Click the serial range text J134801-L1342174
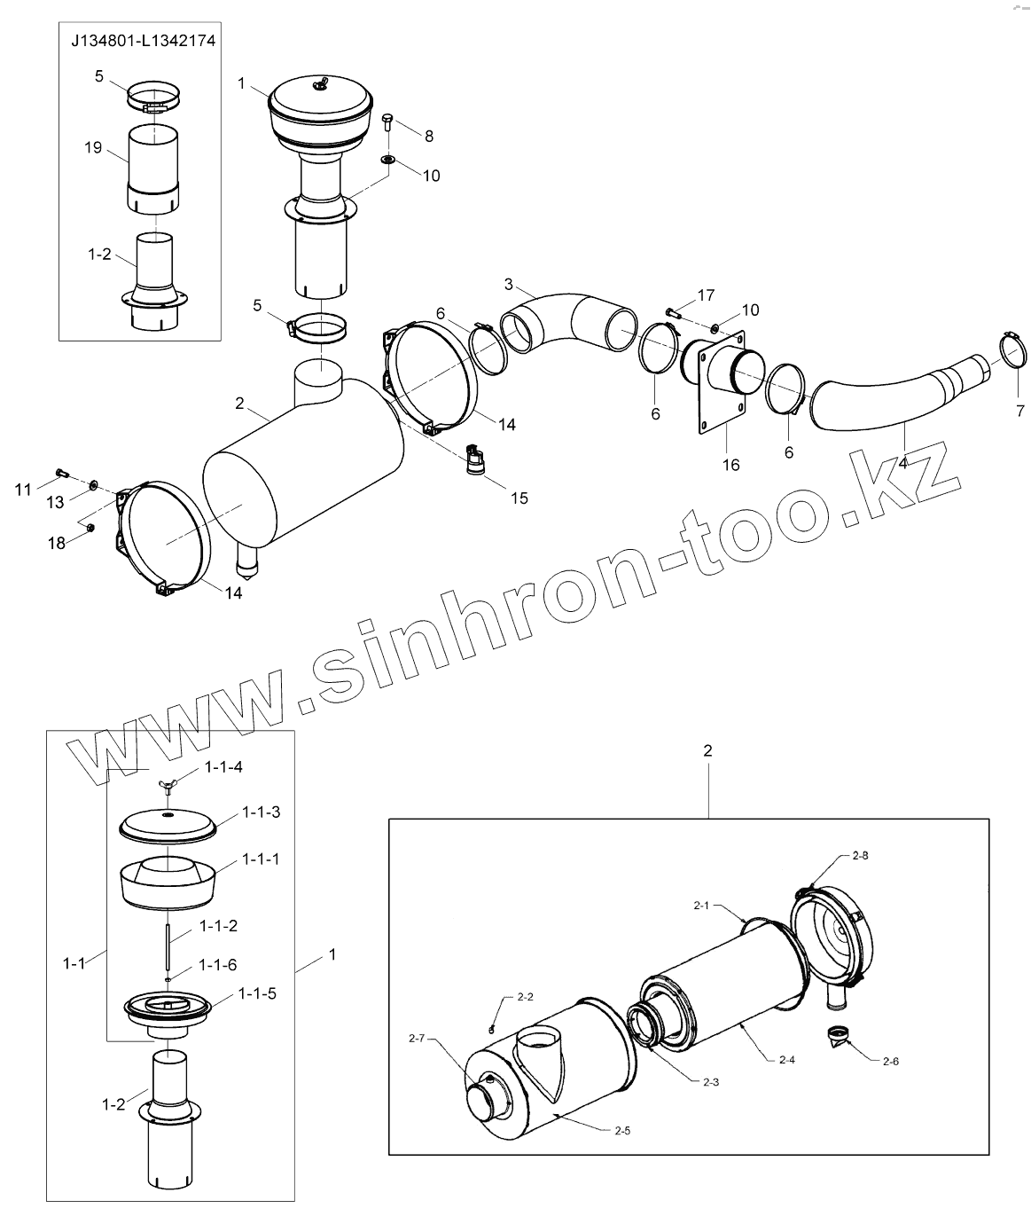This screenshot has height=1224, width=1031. (x=143, y=41)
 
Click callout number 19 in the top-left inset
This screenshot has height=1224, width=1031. (x=94, y=148)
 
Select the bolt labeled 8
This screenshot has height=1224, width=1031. (x=388, y=122)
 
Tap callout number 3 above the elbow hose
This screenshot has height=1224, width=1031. (x=508, y=284)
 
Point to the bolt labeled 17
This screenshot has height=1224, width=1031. (x=672, y=312)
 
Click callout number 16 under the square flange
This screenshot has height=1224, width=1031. (x=730, y=465)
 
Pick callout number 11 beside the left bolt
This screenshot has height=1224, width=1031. (x=22, y=488)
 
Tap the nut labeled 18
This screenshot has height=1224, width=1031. (x=91, y=530)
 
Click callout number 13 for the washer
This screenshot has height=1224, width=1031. (x=55, y=503)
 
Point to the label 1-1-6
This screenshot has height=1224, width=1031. (x=218, y=965)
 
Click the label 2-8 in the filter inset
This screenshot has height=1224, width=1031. (x=860, y=856)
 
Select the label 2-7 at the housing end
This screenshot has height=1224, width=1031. (x=418, y=1038)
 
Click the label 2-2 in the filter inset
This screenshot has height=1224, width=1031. (x=524, y=996)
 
